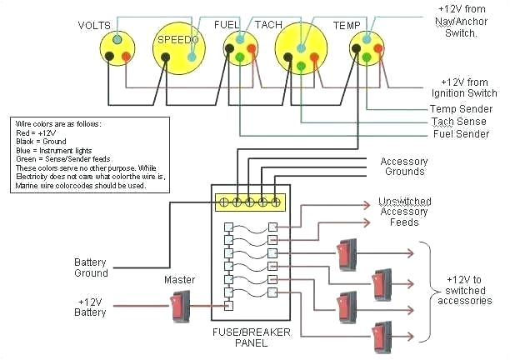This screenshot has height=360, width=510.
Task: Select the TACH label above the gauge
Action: click(268, 24)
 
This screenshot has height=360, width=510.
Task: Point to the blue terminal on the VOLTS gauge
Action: click(117, 39)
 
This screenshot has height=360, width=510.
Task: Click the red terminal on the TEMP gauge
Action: click(377, 56)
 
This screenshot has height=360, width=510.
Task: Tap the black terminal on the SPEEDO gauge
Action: click(166, 57)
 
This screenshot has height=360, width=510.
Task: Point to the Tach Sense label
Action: click(460, 121)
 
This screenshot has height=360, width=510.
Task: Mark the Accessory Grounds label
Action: click(403, 167)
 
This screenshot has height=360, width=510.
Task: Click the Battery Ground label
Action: click(91, 267)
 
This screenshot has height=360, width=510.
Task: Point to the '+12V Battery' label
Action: click(92, 307)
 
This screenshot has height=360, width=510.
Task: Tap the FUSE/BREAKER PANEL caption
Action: click(251, 340)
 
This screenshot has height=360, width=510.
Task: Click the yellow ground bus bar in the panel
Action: click(250, 202)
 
